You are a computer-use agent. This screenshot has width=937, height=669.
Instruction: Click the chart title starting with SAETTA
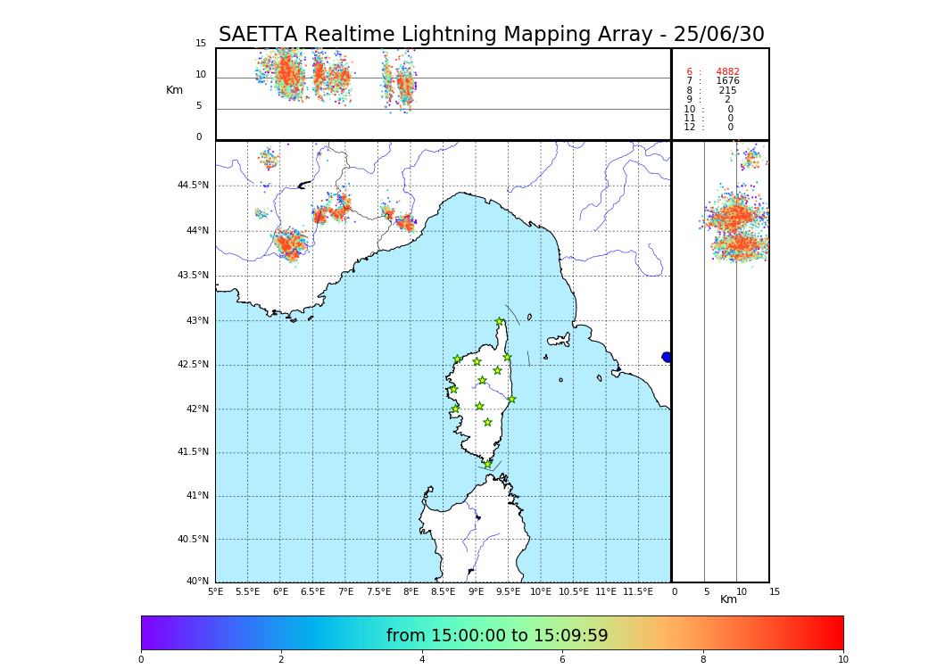tap(492, 35)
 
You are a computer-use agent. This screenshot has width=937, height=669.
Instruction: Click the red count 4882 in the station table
tap(727, 72)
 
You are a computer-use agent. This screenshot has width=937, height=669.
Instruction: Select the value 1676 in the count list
tap(727, 81)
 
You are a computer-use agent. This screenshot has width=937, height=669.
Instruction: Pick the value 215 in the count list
tap(727, 91)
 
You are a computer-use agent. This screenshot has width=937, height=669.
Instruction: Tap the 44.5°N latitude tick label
tap(193, 186)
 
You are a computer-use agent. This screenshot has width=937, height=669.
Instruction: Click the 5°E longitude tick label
tap(215, 591)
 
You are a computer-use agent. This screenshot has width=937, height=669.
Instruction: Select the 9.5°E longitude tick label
tap(508, 591)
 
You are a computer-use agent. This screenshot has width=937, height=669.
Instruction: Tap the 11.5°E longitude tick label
tap(638, 591)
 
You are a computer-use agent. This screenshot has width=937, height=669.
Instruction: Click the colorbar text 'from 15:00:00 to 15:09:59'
tap(497, 636)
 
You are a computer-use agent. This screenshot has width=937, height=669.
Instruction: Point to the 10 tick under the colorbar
tap(842, 660)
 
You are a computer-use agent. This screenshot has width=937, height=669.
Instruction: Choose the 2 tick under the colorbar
tap(281, 660)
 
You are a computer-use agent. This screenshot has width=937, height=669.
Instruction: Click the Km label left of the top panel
tap(175, 90)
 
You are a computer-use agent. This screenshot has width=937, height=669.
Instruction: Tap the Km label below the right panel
tap(729, 599)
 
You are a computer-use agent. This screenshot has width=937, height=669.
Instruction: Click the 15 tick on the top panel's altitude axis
tap(201, 44)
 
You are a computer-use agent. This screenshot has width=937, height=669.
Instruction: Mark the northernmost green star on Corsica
tap(500, 322)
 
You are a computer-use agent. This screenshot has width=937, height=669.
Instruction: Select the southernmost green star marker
tap(487, 464)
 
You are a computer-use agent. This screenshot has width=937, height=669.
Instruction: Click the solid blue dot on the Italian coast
tap(667, 357)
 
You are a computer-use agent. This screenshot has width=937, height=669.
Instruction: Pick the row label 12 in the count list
tap(690, 128)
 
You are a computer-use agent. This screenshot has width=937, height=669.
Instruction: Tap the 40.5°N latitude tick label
tap(193, 540)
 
